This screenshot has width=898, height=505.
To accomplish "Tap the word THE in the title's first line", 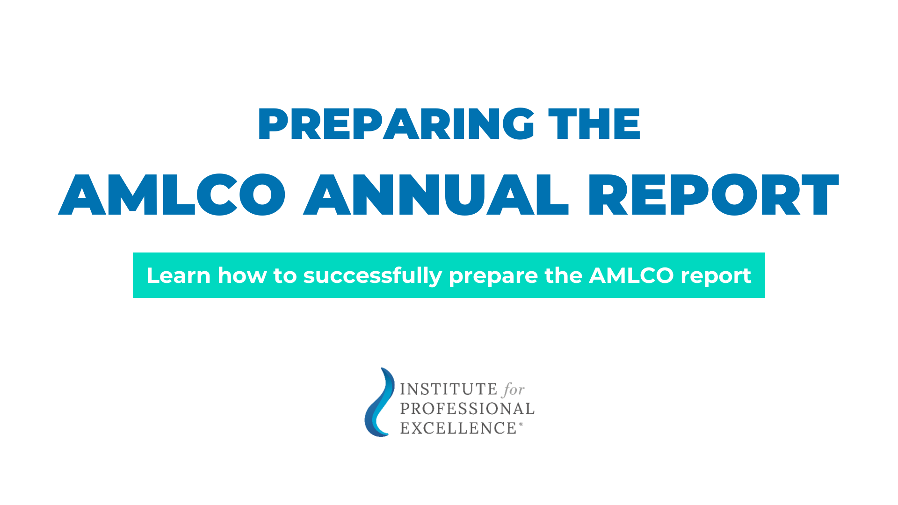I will coord(594,124).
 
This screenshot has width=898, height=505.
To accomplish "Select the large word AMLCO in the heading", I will coord(172,195).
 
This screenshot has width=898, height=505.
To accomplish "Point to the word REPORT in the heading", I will coord(713,195).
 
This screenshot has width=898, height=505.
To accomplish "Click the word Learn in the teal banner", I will coord(178,275).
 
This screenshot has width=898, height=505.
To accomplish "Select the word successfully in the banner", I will coord(372,275).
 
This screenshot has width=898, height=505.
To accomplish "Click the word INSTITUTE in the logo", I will coord(448,389).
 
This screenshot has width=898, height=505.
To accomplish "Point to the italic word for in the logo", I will coord(514,389).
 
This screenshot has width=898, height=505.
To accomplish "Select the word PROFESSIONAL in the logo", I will coord(467,409).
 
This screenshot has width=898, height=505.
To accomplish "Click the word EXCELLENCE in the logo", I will coord(458,428).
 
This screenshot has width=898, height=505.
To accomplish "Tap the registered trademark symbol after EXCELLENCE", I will coord(521,425).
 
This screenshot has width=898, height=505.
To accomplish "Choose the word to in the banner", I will coord(285,275).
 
